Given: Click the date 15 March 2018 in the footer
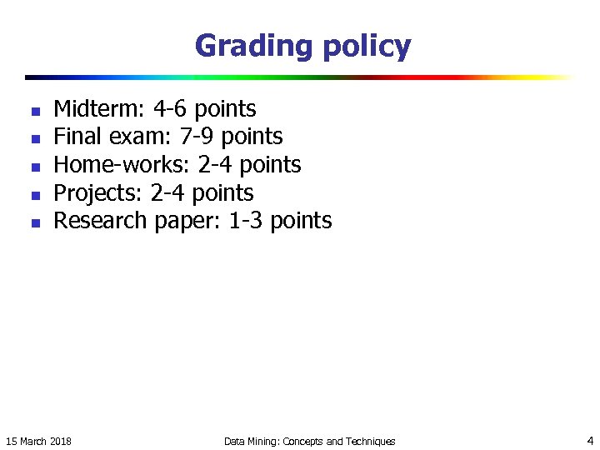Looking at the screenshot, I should [38, 441].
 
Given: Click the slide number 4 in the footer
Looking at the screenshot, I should [589, 440].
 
